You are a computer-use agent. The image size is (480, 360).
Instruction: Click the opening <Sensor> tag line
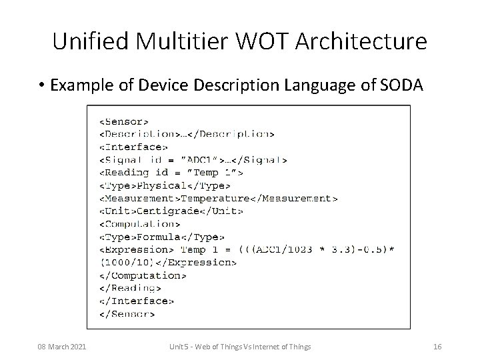click(124, 121)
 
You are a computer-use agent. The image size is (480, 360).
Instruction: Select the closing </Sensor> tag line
click(127, 313)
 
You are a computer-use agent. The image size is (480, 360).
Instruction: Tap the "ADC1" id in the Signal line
click(202, 159)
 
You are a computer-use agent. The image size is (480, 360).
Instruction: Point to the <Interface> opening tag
click(133, 147)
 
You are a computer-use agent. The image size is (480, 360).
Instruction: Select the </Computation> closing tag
click(143, 275)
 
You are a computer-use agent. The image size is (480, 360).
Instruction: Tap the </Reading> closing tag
click(130, 287)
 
